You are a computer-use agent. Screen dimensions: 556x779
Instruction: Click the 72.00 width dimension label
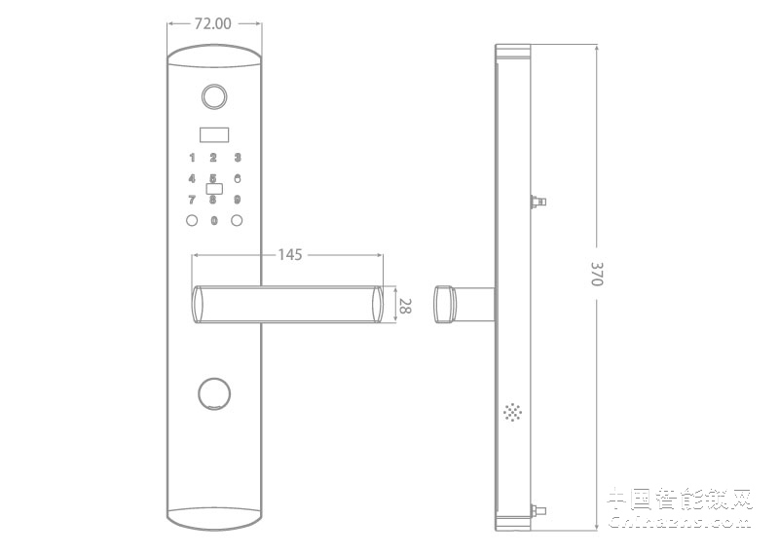[x=213, y=24]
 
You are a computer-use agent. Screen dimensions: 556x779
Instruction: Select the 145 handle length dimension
[x=290, y=254]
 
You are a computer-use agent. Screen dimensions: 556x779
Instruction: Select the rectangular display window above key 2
[x=214, y=134]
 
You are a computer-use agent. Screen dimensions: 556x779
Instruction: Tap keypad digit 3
[x=237, y=158]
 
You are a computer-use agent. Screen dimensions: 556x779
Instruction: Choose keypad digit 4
[x=192, y=178]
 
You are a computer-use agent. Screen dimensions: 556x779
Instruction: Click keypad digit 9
[x=237, y=200]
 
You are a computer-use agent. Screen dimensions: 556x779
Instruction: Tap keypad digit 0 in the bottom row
[x=214, y=221]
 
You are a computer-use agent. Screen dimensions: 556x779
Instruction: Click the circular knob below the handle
[x=214, y=393]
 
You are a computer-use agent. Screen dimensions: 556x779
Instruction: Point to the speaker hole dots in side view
[x=512, y=413]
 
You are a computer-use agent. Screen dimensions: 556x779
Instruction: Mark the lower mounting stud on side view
[x=537, y=509]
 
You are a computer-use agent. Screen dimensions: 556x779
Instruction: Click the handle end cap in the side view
[x=445, y=303]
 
